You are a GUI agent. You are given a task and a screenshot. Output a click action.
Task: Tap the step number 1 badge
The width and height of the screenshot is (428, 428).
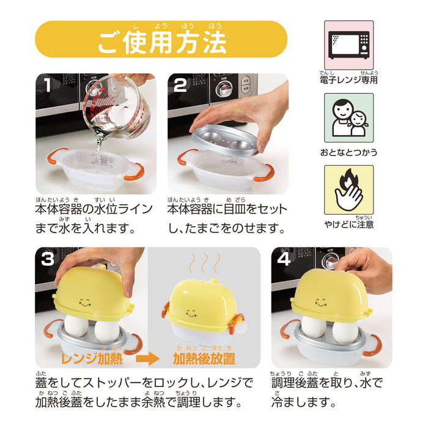click(x=47, y=86)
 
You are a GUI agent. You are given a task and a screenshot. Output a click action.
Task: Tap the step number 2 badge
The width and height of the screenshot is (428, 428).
click(x=180, y=86)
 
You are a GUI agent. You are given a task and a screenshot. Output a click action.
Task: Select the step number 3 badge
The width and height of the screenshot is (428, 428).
click(x=48, y=260)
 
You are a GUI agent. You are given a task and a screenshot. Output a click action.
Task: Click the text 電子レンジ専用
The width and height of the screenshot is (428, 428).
click(x=349, y=80)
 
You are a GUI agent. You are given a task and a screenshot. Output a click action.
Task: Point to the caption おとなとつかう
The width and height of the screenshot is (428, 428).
click(x=349, y=152)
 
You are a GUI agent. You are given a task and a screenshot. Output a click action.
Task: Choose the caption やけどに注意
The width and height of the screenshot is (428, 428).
click(x=349, y=224)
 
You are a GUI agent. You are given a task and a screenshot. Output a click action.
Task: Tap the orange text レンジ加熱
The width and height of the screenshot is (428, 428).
click(x=92, y=358)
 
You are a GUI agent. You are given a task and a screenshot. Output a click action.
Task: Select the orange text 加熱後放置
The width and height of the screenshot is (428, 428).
click(x=204, y=358)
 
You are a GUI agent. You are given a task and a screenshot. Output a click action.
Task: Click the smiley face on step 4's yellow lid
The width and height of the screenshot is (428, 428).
click(x=323, y=301)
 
